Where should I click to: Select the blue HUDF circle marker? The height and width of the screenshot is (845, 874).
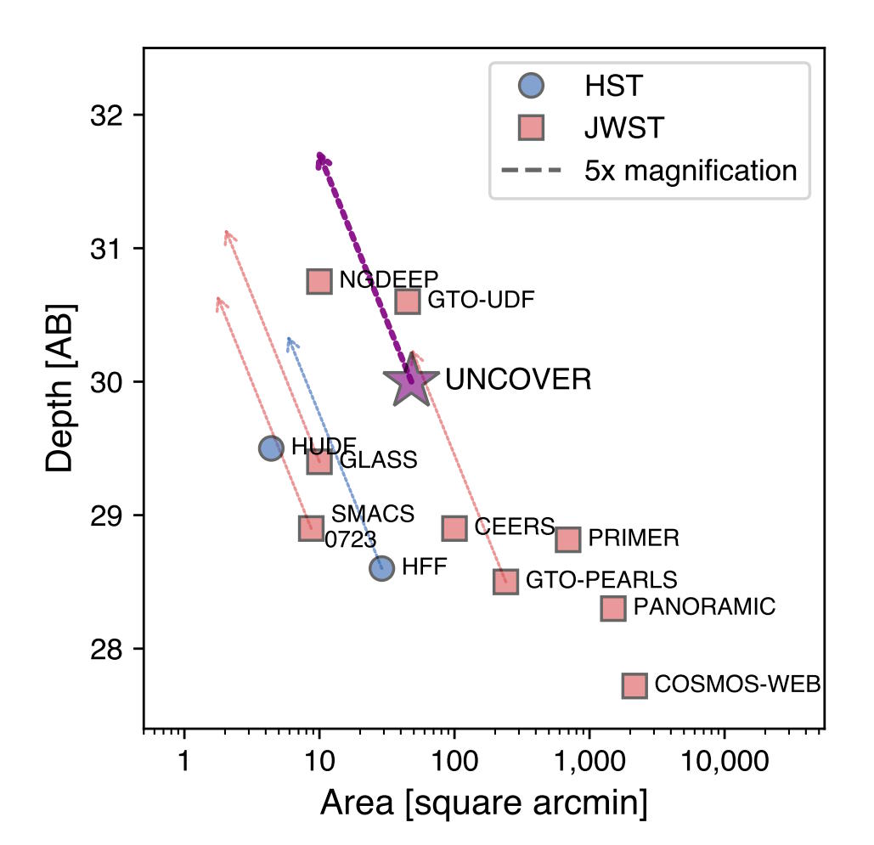pyautogui.click(x=271, y=448)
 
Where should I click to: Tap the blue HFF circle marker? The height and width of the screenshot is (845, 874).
pyautogui.click(x=381, y=568)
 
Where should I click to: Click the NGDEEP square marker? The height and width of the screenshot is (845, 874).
pyautogui.click(x=319, y=281)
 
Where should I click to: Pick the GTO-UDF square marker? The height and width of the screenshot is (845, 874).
pyautogui.click(x=408, y=301)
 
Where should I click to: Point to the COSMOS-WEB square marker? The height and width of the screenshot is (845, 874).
pyautogui.click(x=634, y=685)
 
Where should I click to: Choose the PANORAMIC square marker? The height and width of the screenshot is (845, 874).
pyautogui.click(x=612, y=608)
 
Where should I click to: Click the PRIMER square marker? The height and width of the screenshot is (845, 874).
pyautogui.click(x=567, y=539)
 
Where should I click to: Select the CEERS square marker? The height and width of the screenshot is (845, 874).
pyautogui.click(x=454, y=527)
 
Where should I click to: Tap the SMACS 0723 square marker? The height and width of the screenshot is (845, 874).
pyautogui.click(x=312, y=527)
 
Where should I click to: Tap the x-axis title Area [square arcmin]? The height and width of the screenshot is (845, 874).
pyautogui.click(x=483, y=803)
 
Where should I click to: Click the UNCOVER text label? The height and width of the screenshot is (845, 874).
pyautogui.click(x=518, y=380)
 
